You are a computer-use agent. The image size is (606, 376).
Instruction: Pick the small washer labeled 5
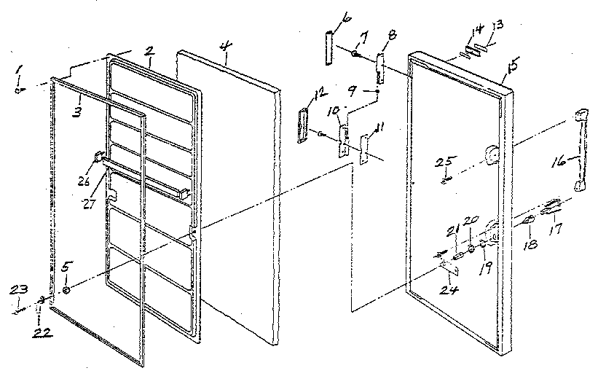(66, 290)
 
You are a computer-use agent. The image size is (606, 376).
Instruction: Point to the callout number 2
(149, 51)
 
